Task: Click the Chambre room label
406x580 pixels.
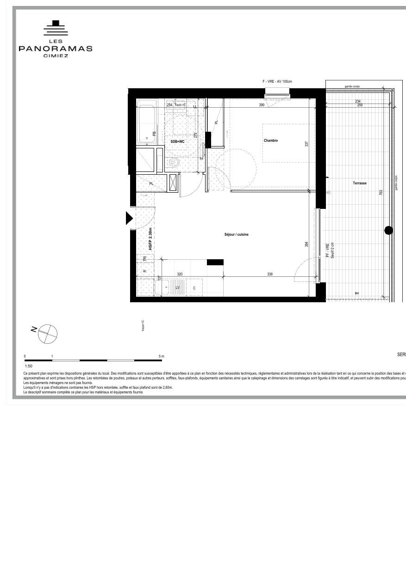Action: click(271, 140)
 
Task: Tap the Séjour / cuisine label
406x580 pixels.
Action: click(236, 235)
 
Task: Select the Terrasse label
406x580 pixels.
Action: click(360, 183)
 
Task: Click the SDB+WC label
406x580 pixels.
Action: click(178, 141)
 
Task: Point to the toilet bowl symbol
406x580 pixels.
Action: click(173, 162)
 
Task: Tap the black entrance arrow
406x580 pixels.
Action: click(129, 218)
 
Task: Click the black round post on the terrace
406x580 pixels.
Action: click(389, 230)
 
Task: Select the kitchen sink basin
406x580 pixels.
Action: click(164, 288)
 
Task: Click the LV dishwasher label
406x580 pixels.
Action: click(177, 288)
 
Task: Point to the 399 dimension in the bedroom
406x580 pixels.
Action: click(262, 105)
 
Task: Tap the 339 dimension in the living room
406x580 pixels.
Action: click(270, 274)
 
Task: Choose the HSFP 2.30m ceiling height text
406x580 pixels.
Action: click(150, 238)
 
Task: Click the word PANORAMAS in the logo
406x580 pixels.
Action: click(56, 49)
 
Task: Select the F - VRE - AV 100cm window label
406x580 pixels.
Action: click(277, 81)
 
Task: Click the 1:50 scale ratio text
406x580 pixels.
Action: click(29, 366)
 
